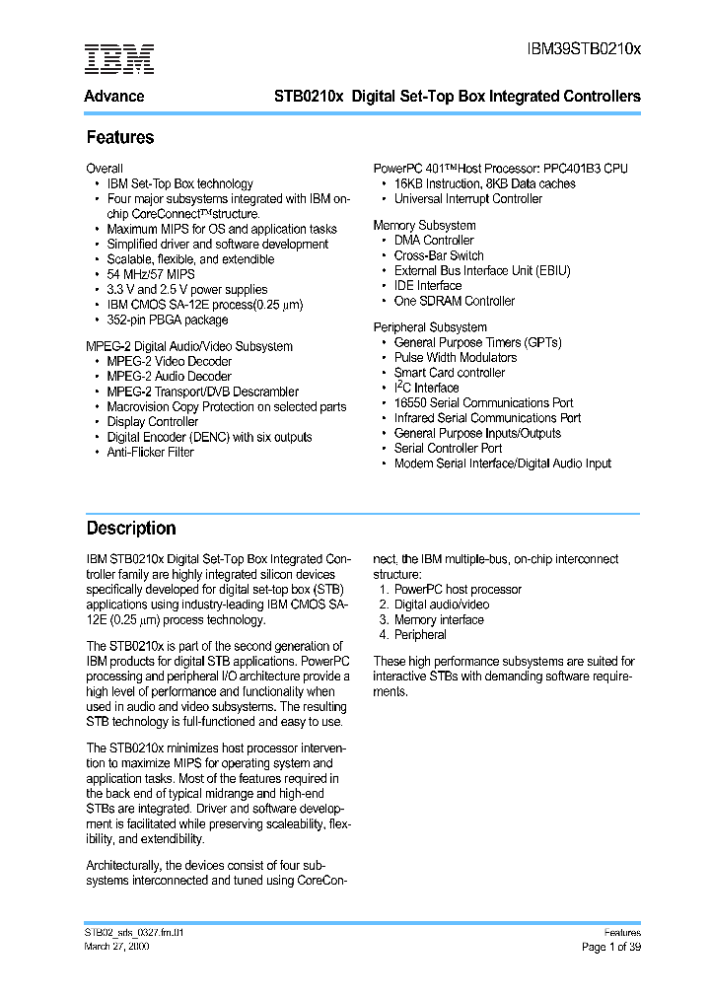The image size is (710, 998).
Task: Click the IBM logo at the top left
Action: coord(118,59)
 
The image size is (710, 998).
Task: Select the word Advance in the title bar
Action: coord(114,97)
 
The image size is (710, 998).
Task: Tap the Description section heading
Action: coord(130,529)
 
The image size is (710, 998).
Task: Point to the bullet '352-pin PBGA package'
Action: coord(167,320)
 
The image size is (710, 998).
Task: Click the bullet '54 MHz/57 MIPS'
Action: coord(150,274)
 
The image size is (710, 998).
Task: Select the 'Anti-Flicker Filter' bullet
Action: coord(150,452)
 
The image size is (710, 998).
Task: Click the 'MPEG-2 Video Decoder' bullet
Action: coord(169,361)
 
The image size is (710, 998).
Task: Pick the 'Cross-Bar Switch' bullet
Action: coord(439,255)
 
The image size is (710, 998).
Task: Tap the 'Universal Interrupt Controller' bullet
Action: coord(467,199)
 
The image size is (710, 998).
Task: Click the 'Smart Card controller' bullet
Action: coord(449,373)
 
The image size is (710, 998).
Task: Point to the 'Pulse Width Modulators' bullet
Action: coord(455,358)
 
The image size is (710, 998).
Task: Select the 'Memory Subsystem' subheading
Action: coord(424,226)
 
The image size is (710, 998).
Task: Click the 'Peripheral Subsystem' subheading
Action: coord(430,327)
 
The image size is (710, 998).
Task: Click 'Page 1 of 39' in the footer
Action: coord(610,947)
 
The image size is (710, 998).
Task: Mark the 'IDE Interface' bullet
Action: coord(427,286)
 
